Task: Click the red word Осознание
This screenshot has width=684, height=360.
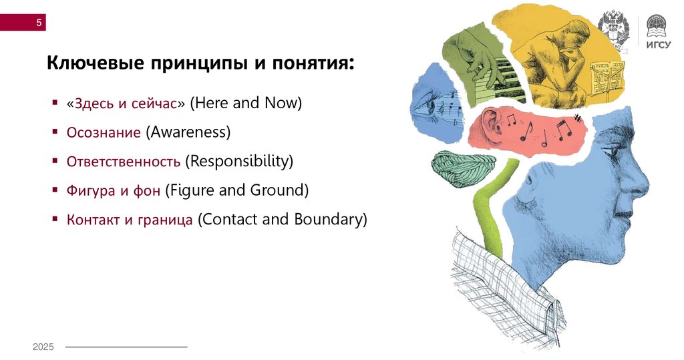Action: pos(104,132)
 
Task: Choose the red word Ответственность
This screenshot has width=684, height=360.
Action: pos(124,162)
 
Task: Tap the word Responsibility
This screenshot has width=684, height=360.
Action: pos(239,162)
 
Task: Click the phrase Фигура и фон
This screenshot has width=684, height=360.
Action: pos(114,190)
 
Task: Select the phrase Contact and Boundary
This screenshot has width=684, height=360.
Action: pos(283,219)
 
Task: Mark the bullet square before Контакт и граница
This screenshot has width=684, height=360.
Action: pos(55,218)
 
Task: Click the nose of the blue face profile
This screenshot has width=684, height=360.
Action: pos(641,177)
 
